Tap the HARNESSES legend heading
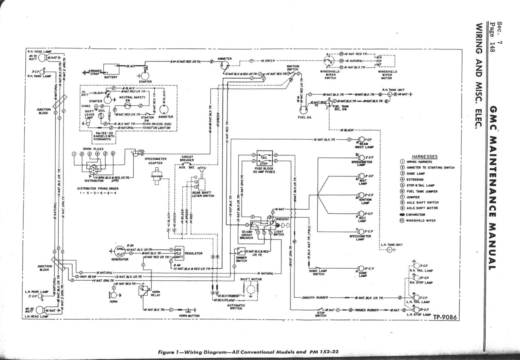[424, 157]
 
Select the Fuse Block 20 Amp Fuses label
[265, 170]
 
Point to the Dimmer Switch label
[241, 259]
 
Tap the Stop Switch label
[320, 314]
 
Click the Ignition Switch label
[293, 68]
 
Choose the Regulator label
[193, 253]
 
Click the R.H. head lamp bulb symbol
[42, 58]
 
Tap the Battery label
[110, 77]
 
